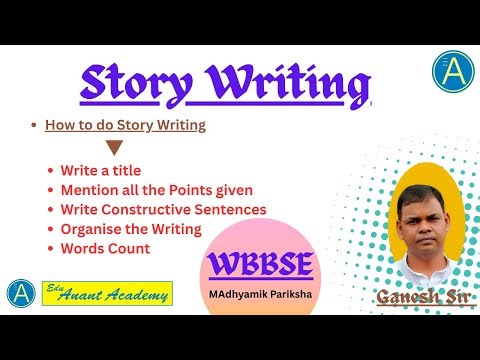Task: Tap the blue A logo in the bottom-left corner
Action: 19,293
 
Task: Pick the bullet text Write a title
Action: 101,172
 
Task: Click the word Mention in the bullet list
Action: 89,191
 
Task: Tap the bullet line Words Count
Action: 104,247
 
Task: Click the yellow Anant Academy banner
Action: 108,293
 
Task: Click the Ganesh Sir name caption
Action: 414,297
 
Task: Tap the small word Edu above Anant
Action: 57,286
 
